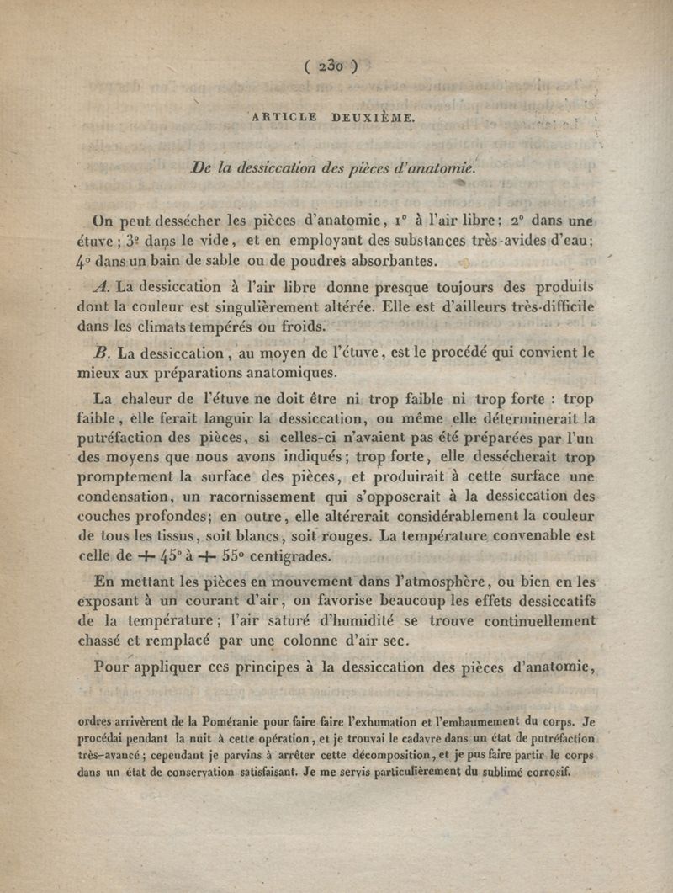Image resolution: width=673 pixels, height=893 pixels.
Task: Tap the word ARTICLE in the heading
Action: click(284, 118)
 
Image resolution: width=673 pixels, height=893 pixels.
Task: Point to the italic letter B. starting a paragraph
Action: click(107, 353)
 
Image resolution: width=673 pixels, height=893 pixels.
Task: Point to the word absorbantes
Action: click(399, 259)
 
